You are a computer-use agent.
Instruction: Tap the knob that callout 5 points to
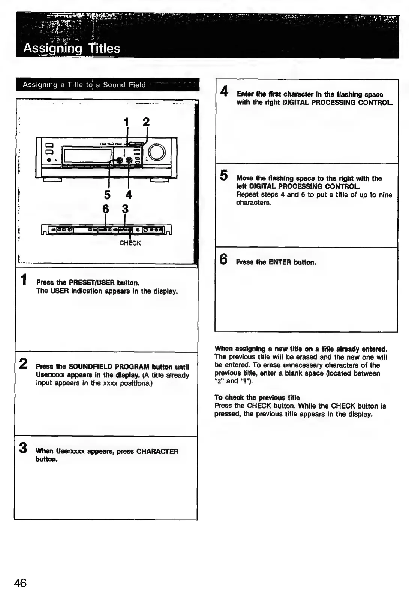point(120,160)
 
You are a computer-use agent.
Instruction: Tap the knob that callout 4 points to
point(129,160)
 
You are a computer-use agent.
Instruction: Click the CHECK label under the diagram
point(130,243)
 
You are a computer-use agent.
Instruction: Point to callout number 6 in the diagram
point(106,209)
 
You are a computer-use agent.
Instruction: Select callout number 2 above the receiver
point(146,122)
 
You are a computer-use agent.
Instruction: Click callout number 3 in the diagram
point(125,209)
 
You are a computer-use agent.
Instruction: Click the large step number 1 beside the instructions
point(23,279)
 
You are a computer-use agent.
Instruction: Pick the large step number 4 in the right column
point(224,91)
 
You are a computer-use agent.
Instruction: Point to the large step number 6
point(223,259)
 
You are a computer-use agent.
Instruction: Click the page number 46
point(20,583)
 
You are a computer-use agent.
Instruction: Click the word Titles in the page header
point(104,48)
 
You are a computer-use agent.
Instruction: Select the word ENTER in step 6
point(280,262)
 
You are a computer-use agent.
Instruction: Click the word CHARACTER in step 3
point(157,451)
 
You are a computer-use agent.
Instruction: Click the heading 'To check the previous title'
point(257,398)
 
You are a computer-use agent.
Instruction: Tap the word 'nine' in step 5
point(385,195)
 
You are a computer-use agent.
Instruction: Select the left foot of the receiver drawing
point(52,180)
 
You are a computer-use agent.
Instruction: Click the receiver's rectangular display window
point(88,155)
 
